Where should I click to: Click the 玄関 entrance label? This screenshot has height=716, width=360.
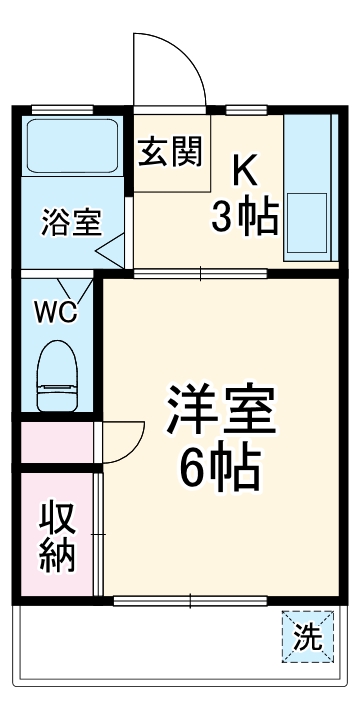170,152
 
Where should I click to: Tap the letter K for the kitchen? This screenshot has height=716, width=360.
247,171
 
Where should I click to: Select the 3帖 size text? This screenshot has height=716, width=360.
245,218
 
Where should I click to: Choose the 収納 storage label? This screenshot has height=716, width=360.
58,538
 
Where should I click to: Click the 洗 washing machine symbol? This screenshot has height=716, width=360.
307,635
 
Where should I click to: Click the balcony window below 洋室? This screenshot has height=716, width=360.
190,601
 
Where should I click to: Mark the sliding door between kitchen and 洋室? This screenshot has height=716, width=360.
200,272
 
